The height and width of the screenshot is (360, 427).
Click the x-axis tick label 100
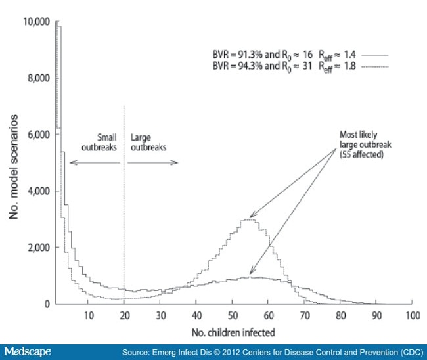[412, 316]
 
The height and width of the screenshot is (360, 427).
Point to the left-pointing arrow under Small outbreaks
[92, 162]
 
